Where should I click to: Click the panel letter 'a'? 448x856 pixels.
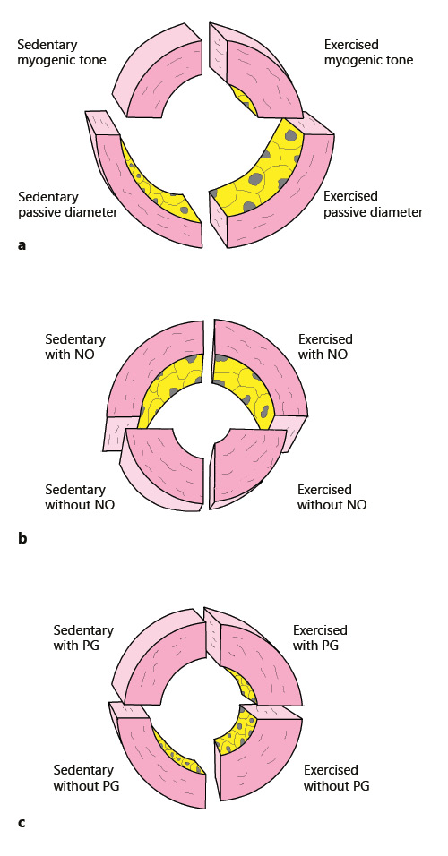click(22, 244)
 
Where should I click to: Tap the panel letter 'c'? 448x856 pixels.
click(22, 821)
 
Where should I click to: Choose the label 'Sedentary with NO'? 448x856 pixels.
click(75, 347)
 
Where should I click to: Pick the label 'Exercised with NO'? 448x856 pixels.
click(325, 347)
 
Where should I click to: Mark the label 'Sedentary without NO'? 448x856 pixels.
click(75, 497)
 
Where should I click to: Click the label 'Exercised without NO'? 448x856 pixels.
click(332, 497)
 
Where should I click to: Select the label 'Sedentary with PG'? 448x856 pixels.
click(84, 638)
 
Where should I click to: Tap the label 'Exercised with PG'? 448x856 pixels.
click(320, 638)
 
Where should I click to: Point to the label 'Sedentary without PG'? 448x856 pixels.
click(86, 778)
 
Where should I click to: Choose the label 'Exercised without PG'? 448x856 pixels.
click(336, 778)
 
